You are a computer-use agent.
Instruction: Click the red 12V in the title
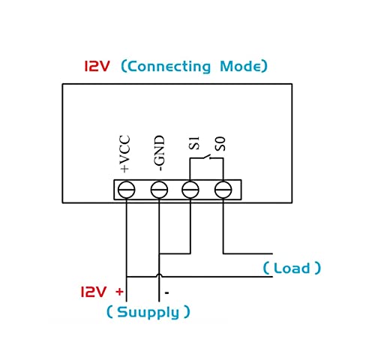(97, 66)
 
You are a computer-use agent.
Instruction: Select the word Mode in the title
(240, 66)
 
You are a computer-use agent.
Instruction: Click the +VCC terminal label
(124, 154)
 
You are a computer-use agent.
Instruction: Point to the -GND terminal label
(159, 153)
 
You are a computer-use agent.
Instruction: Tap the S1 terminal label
(194, 143)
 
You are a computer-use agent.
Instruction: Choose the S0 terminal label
(220, 144)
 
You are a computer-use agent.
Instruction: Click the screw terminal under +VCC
(127, 190)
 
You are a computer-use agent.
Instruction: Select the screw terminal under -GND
(159, 190)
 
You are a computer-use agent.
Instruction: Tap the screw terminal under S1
(190, 190)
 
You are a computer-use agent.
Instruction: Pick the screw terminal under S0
(223, 190)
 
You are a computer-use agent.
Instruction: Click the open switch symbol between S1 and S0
(206, 157)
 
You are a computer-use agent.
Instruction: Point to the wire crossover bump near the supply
(159, 275)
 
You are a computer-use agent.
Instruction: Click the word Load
(292, 268)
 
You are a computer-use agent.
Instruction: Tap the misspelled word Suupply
(148, 313)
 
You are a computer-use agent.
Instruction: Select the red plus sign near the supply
(119, 292)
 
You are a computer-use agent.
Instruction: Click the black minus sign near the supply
(167, 292)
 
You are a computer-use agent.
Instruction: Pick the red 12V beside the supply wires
(94, 292)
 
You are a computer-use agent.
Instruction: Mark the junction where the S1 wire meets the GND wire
(159, 253)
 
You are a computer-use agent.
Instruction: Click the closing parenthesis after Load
(317, 268)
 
